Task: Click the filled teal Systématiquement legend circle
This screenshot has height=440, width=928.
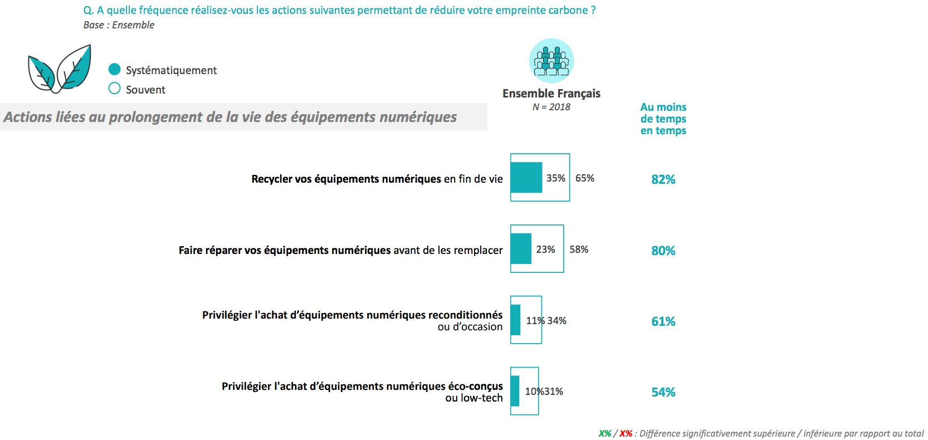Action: [x=115, y=69]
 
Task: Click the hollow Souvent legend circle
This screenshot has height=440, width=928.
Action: [x=115, y=89]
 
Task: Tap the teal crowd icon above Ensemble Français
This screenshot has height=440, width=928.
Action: [x=551, y=61]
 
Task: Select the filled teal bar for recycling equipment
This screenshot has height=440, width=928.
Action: [x=526, y=178]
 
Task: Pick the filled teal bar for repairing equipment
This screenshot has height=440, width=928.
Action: [x=521, y=249]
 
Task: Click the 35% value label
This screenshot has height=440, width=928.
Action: [x=556, y=178]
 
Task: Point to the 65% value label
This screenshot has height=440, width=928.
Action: [x=585, y=178]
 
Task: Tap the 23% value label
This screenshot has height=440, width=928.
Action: [x=546, y=250]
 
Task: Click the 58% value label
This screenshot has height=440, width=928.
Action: [x=579, y=250]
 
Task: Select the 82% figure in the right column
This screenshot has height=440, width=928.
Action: [x=663, y=179]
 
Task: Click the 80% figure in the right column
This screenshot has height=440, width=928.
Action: [x=663, y=251]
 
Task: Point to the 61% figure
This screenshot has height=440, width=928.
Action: [x=663, y=321]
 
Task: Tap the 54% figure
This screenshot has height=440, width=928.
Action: [x=663, y=392]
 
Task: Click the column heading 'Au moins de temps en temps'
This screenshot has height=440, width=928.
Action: [x=663, y=119]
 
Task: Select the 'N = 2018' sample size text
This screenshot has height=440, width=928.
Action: [x=551, y=107]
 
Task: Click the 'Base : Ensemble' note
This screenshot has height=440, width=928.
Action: [x=119, y=25]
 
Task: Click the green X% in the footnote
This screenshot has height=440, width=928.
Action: [x=605, y=433]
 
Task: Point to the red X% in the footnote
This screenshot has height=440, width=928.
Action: [x=626, y=433]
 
